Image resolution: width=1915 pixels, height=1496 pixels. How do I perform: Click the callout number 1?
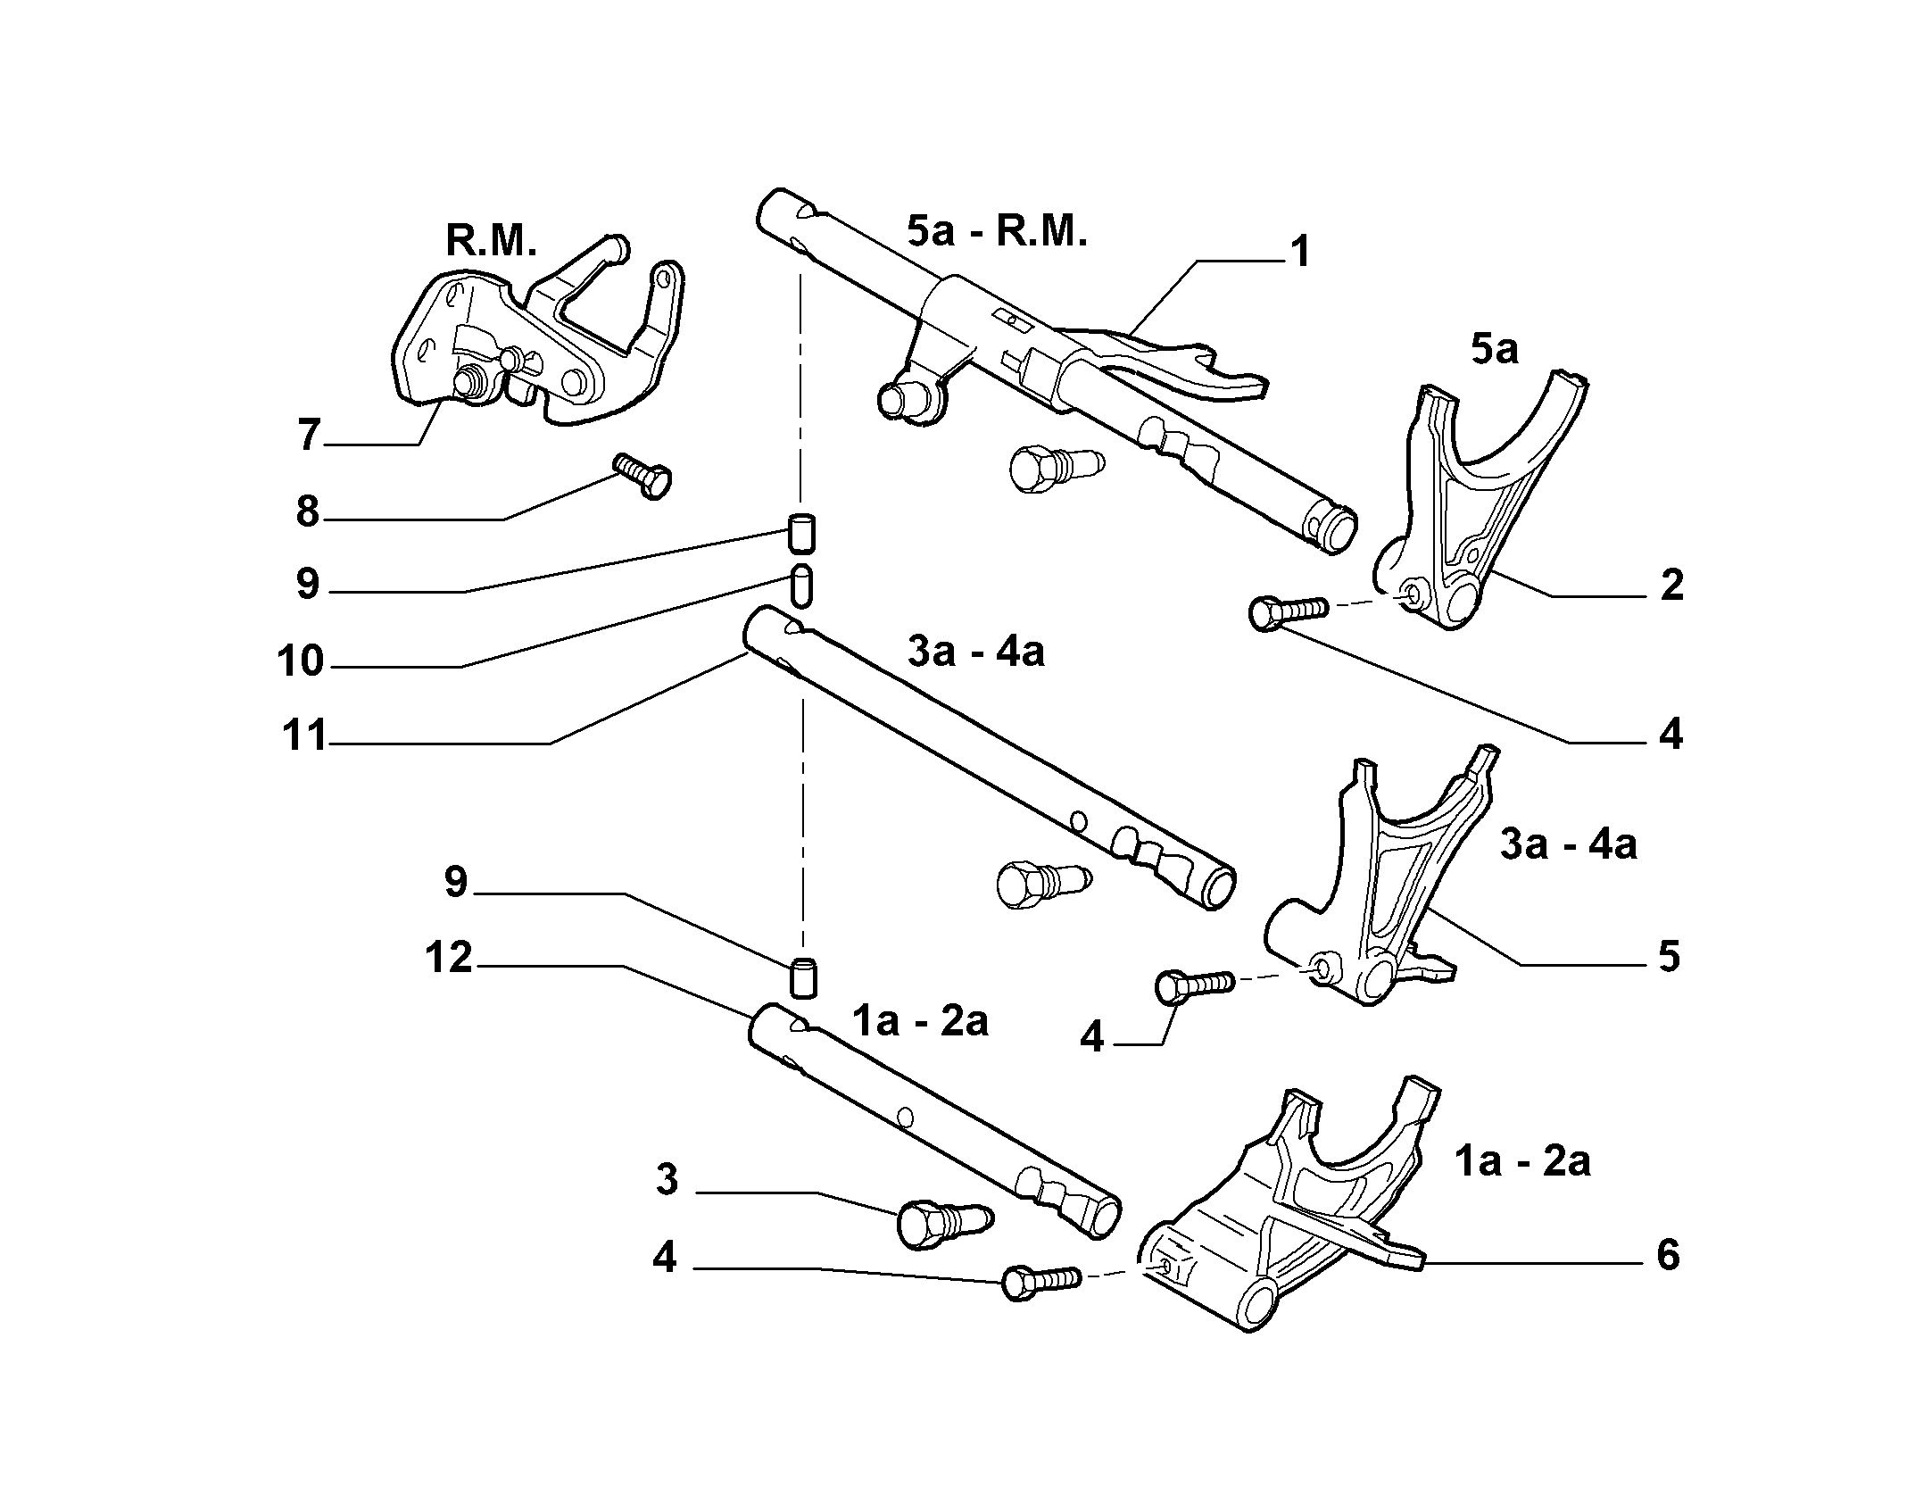[x=1301, y=252]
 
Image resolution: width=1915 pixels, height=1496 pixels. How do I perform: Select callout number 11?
[x=303, y=738]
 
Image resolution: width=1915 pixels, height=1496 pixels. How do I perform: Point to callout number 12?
[x=448, y=959]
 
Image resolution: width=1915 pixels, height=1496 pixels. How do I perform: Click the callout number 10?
[x=300, y=661]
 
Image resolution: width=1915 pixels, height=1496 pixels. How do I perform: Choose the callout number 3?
[x=667, y=1180]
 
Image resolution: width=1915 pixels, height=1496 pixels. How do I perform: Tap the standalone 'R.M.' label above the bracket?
[x=491, y=240]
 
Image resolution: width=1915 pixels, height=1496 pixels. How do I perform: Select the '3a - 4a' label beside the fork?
[x=1568, y=844]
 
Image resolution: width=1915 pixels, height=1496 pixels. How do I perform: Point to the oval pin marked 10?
[x=801, y=585]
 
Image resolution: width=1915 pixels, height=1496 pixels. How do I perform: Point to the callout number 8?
[x=308, y=511]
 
